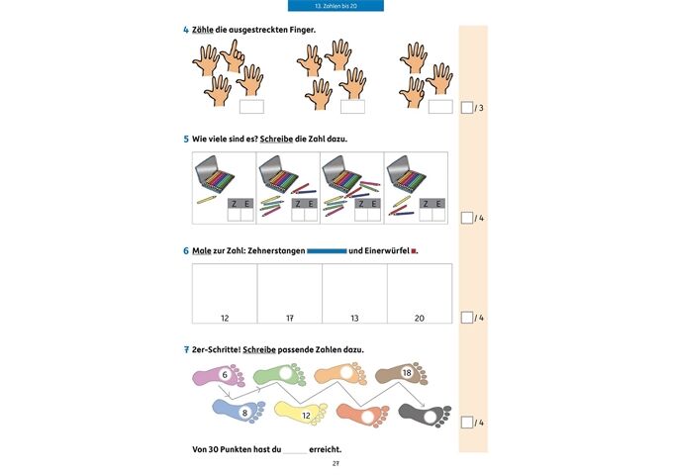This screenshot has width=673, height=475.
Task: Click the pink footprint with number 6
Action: pos(218,375)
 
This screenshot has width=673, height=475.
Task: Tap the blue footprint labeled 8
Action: pos(239,411)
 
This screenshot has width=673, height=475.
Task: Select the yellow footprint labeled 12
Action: pos(301,414)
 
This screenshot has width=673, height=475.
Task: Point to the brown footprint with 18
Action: pos(401,374)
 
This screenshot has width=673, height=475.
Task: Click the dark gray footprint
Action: pos(425,416)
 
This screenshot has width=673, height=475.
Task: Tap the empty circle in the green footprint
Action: pos(285,373)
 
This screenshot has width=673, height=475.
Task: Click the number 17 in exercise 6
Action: pos(290,318)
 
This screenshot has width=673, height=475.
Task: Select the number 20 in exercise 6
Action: pos(420,318)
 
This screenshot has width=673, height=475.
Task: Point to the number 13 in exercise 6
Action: pos(354,318)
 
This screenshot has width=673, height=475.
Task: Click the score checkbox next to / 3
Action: pos(467,107)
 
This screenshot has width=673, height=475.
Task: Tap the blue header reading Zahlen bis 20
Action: pos(336,6)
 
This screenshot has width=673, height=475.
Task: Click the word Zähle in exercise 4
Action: pos(203,30)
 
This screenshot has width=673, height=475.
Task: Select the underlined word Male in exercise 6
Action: pos(202,251)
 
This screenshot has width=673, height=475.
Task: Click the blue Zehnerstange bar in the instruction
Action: pos(327,251)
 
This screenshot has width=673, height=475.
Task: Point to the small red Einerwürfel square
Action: pos(414,251)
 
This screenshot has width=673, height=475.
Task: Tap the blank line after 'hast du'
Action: pos(295,453)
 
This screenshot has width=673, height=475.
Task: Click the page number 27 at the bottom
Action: pos(336,464)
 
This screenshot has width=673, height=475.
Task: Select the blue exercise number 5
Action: pos(186,139)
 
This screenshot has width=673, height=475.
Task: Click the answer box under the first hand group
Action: pos(251,107)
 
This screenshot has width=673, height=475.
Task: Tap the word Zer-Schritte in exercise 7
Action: pos(217,349)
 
